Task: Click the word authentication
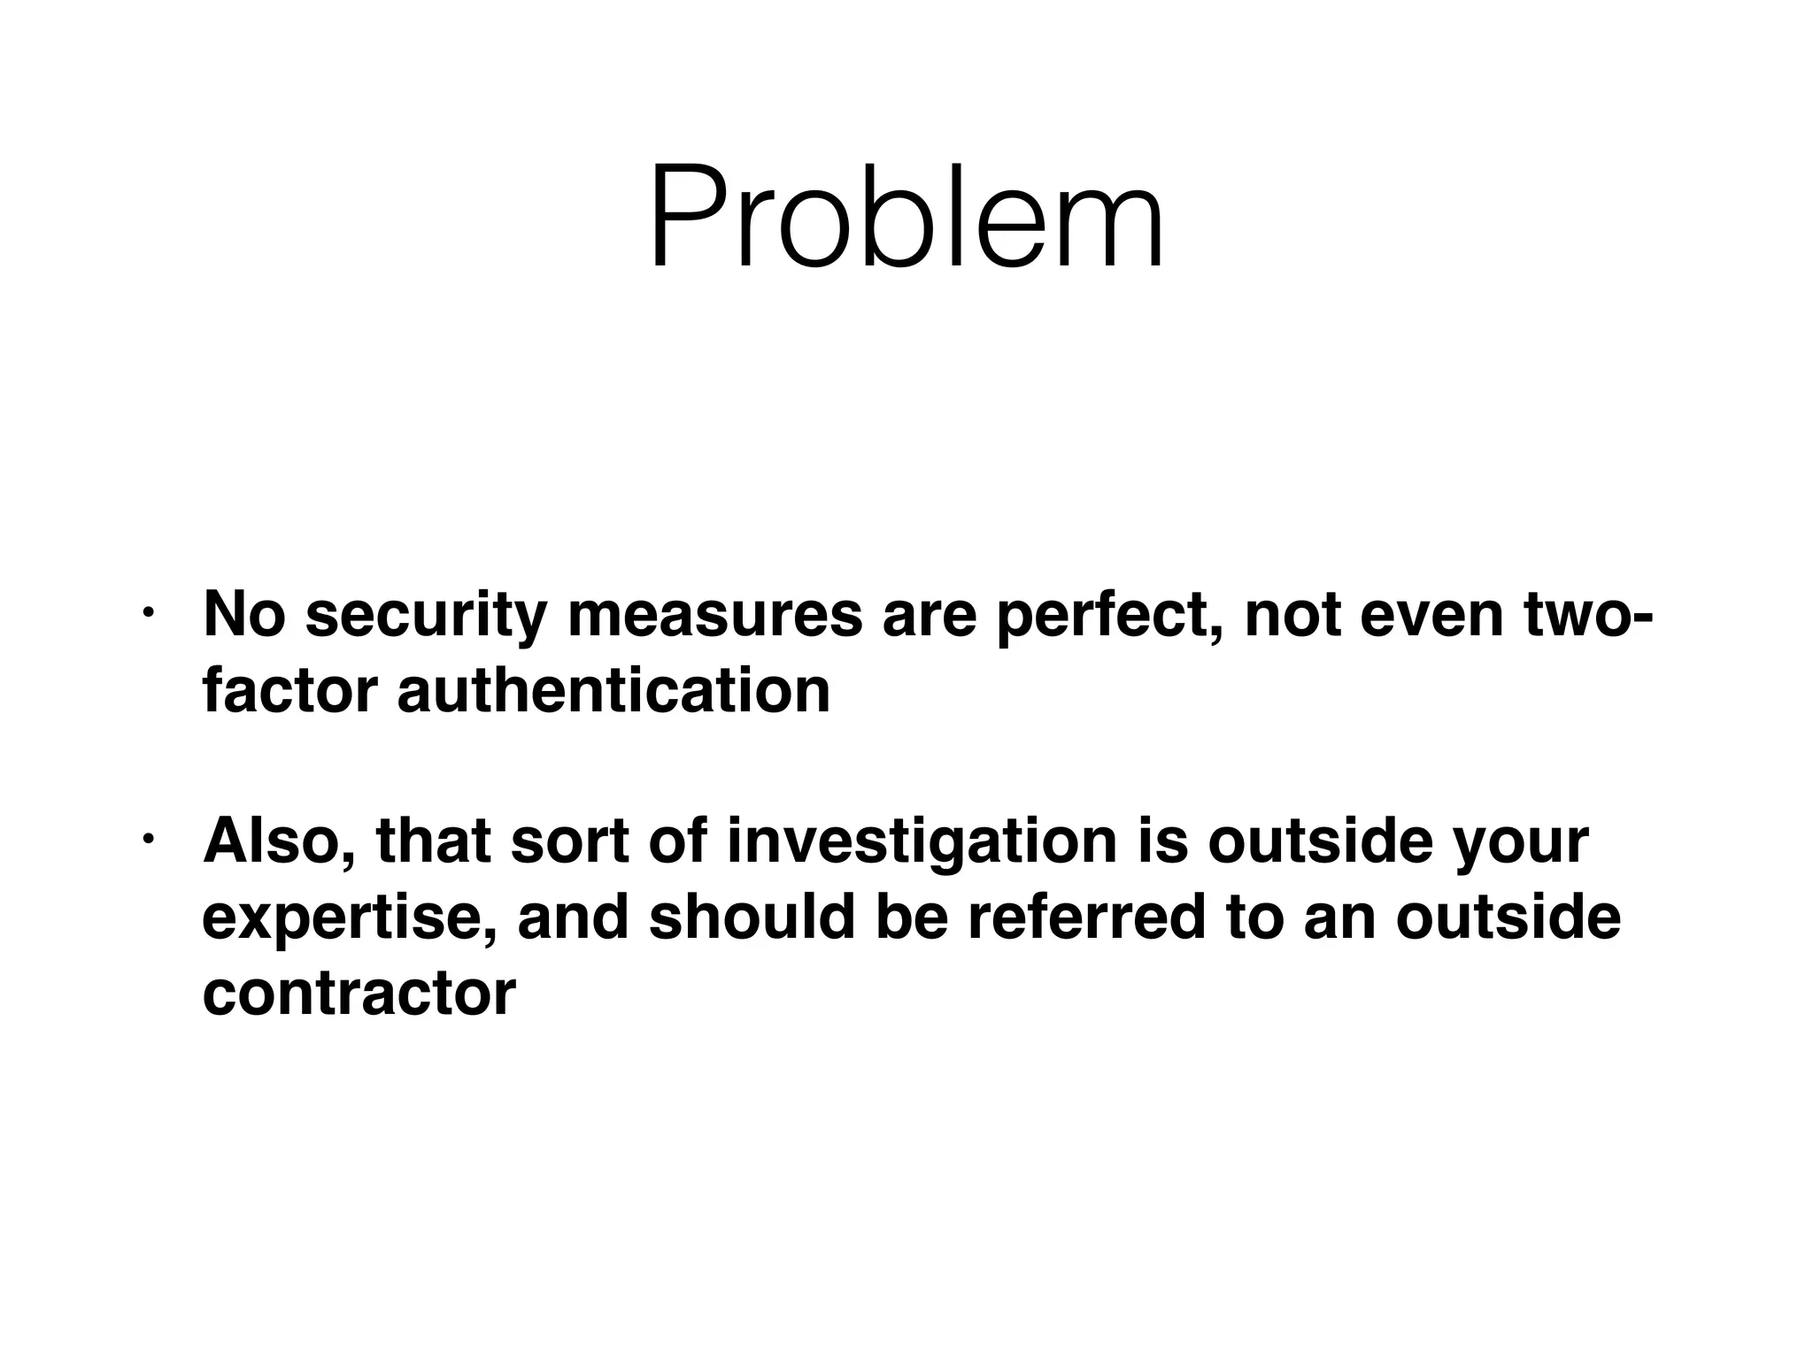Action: click(x=613, y=691)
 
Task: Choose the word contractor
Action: click(x=359, y=993)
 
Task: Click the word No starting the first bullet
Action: click(x=244, y=617)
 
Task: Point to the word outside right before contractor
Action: click(x=1508, y=918)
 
